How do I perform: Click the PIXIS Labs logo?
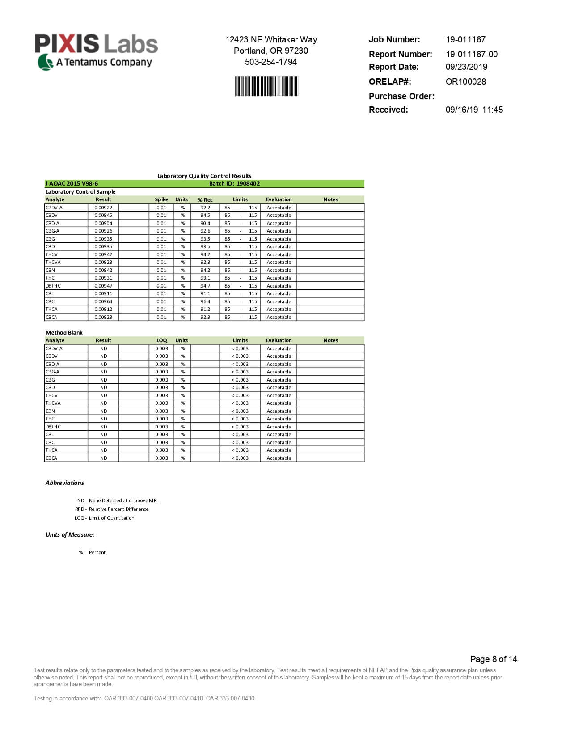point(96,51)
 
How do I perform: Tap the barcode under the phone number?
point(266,86)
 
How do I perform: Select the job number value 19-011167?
point(465,39)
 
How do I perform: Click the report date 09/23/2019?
point(466,67)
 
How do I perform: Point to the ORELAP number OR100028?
point(465,81)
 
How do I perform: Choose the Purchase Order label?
point(401,96)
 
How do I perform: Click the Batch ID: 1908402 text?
point(234,183)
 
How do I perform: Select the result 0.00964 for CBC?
point(103,301)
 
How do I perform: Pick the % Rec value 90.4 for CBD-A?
point(205,223)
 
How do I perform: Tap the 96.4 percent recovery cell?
point(205,301)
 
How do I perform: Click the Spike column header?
point(161,199)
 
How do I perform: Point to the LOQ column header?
point(161,340)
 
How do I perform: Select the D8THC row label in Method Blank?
point(53,427)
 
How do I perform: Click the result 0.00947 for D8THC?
point(103,286)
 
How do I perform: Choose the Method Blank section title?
point(64,332)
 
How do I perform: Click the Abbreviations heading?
point(65,483)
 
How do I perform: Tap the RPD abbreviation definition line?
point(112,509)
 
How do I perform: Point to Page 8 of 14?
point(494,659)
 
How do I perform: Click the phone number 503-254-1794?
point(271,62)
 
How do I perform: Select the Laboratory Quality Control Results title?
point(204,176)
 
